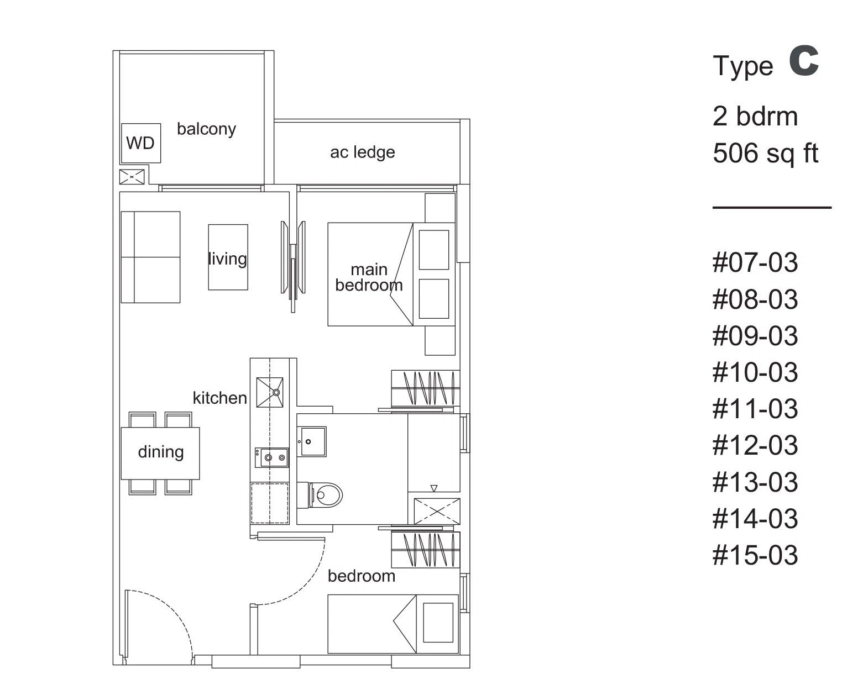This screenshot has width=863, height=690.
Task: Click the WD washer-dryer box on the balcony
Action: (x=141, y=143)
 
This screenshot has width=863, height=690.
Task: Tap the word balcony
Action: (x=206, y=129)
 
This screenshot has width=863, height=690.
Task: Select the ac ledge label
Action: (x=363, y=152)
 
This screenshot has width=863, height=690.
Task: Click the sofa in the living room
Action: (x=150, y=257)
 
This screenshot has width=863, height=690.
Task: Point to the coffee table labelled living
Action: (x=228, y=257)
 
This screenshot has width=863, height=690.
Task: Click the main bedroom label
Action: (x=369, y=277)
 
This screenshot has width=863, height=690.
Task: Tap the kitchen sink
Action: (x=270, y=393)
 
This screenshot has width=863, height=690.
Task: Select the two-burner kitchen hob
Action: (x=272, y=457)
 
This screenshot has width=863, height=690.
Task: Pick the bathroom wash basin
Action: (x=312, y=441)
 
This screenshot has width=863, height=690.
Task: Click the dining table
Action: (x=160, y=453)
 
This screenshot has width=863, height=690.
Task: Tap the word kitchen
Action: (x=220, y=398)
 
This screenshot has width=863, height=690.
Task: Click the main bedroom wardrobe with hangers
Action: (x=425, y=388)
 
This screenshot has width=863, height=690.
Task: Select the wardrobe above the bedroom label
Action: (x=425, y=549)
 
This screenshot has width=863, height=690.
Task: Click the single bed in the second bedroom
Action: (x=393, y=624)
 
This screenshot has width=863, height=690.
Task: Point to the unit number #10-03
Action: (x=755, y=373)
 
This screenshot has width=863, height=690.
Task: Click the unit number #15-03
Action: (x=755, y=555)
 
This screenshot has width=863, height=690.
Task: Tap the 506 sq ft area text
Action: (x=766, y=154)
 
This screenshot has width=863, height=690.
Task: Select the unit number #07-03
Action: (x=755, y=263)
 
